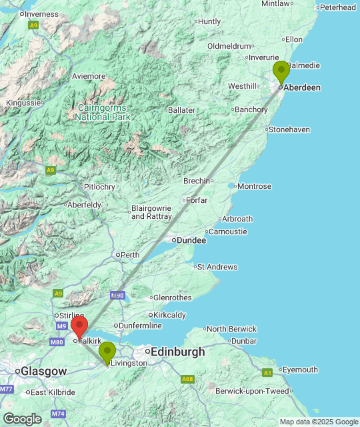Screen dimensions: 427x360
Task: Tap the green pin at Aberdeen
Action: tap(281, 71)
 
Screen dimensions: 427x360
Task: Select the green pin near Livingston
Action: tap(107, 352)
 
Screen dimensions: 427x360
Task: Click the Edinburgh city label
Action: tap(178, 352)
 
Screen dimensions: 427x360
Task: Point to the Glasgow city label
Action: tap(44, 371)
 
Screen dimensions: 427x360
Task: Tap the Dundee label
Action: tap(186, 240)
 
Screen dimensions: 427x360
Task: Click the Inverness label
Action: tap(41, 14)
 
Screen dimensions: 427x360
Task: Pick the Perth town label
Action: tap(129, 254)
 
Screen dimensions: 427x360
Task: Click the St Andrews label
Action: tap(218, 267)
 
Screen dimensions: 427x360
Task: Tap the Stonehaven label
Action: tap(289, 129)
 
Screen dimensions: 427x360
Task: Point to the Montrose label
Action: tap(254, 186)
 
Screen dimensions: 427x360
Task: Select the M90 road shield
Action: tap(117, 295)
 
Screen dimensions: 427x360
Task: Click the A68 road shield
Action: tap(189, 379)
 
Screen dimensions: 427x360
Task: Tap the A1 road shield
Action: tap(267, 372)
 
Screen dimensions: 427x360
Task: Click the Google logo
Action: tap(21, 418)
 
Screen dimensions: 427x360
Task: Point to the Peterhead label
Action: tap(337, 7)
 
